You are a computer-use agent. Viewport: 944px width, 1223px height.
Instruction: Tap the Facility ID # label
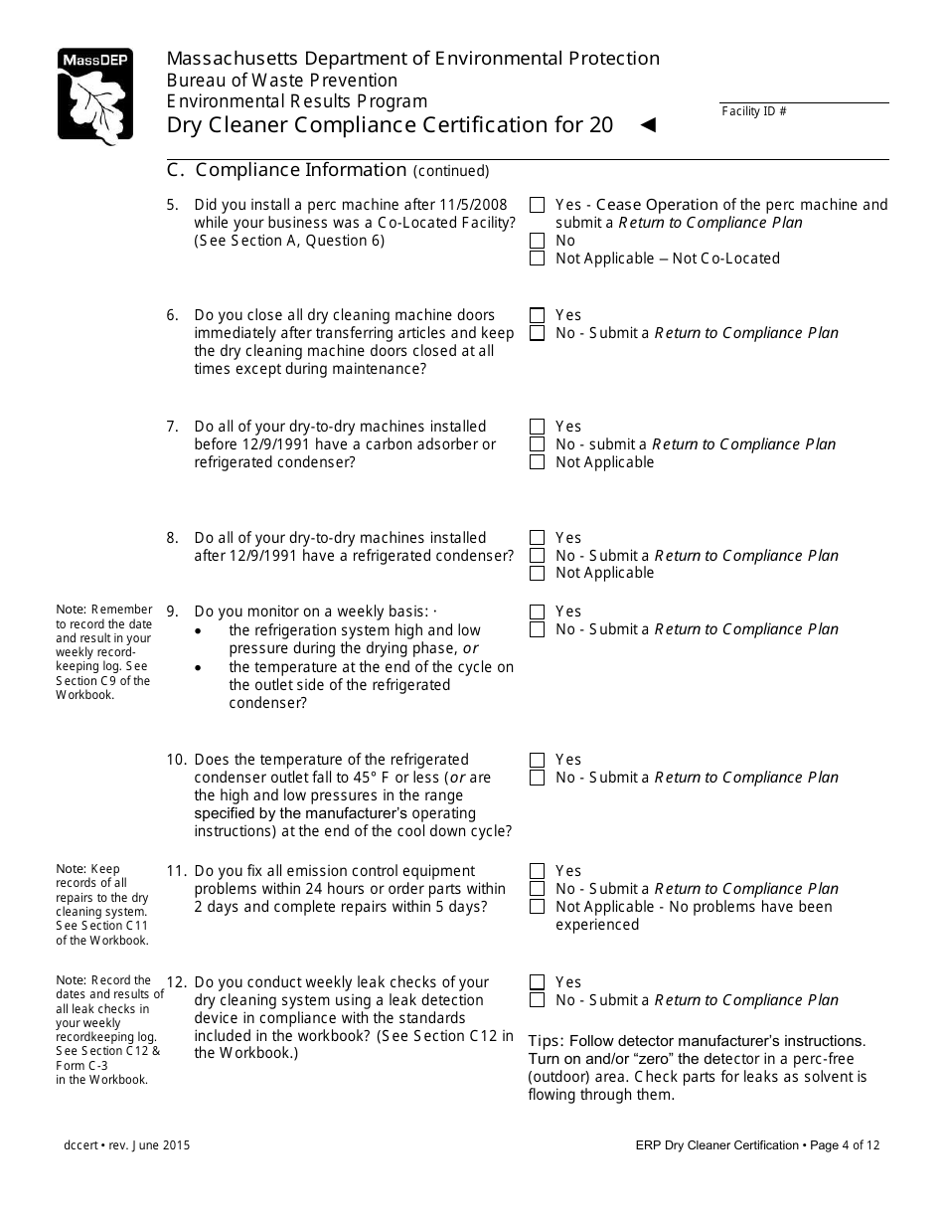(x=753, y=111)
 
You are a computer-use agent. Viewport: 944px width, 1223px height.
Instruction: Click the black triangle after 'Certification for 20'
(x=648, y=125)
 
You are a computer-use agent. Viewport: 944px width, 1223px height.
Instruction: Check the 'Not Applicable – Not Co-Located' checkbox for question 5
(x=538, y=259)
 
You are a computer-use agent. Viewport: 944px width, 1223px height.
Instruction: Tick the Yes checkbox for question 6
(x=538, y=315)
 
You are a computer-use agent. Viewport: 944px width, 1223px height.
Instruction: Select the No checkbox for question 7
(x=538, y=444)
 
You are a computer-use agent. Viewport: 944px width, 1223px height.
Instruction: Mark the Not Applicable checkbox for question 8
(x=538, y=574)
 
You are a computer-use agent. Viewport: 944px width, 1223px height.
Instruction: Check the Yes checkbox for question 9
(x=538, y=611)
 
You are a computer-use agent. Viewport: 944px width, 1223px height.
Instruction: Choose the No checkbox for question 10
(x=538, y=778)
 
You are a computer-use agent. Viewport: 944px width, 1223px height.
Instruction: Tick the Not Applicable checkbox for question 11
(x=538, y=907)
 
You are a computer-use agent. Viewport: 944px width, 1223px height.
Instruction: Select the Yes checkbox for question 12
(x=538, y=982)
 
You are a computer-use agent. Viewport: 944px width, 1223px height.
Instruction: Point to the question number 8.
(x=172, y=538)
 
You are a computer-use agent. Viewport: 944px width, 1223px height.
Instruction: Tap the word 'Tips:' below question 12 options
(x=548, y=1041)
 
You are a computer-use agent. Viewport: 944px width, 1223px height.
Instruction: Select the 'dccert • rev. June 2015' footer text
(x=125, y=1145)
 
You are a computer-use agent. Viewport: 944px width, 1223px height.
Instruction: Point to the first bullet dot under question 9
(x=203, y=631)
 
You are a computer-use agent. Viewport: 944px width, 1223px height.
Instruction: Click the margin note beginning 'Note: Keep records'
(x=102, y=904)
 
